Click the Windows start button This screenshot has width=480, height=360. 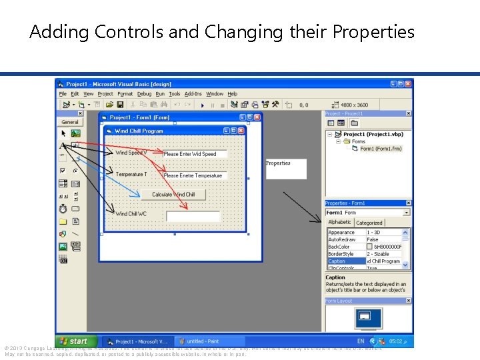tap(75, 341)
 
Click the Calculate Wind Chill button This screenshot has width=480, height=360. tap(173, 195)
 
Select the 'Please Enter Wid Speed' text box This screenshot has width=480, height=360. tap(194, 154)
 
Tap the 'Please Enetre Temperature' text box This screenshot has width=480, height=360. tap(194, 176)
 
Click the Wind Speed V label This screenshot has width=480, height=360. tap(131, 153)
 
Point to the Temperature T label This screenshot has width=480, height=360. tap(131, 175)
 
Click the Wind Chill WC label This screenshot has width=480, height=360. tap(131, 214)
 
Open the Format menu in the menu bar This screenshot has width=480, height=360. tap(125, 94)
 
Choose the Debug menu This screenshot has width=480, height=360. tap(144, 94)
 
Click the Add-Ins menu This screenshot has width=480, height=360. tap(193, 94)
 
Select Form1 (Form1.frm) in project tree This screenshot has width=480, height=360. tap(381, 149)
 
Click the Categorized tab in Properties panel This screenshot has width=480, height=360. tap(369, 223)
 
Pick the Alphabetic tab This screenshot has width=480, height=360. tap(339, 222)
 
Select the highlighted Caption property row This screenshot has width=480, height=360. tap(345, 261)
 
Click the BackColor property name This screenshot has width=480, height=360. tap(340, 247)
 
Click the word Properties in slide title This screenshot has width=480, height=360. tap(373, 31)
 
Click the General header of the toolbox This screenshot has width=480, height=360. tap(70, 122)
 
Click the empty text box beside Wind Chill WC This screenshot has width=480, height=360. tap(193, 216)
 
